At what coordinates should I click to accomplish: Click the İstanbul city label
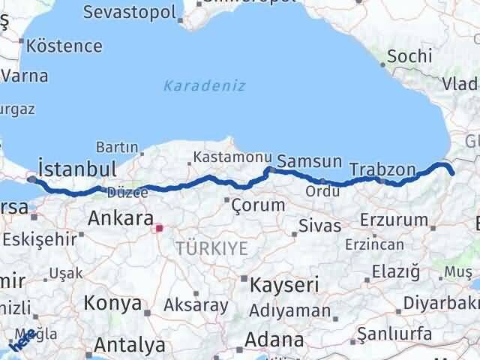(x=76, y=166)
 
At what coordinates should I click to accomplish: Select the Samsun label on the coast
(x=309, y=160)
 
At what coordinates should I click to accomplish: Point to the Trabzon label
(x=382, y=169)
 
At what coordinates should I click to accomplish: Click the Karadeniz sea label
(x=205, y=85)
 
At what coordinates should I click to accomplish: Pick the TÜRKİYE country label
(x=211, y=248)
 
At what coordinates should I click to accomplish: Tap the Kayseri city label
(x=284, y=285)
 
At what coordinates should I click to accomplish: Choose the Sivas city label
(x=319, y=225)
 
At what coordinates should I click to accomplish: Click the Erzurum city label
(x=394, y=220)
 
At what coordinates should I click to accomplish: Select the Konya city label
(x=113, y=303)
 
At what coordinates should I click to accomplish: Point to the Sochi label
(x=410, y=55)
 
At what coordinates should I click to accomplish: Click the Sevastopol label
(x=129, y=12)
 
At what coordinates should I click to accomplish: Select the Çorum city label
(x=258, y=204)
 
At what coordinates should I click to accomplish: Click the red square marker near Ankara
(x=158, y=228)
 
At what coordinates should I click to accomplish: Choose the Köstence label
(x=64, y=45)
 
